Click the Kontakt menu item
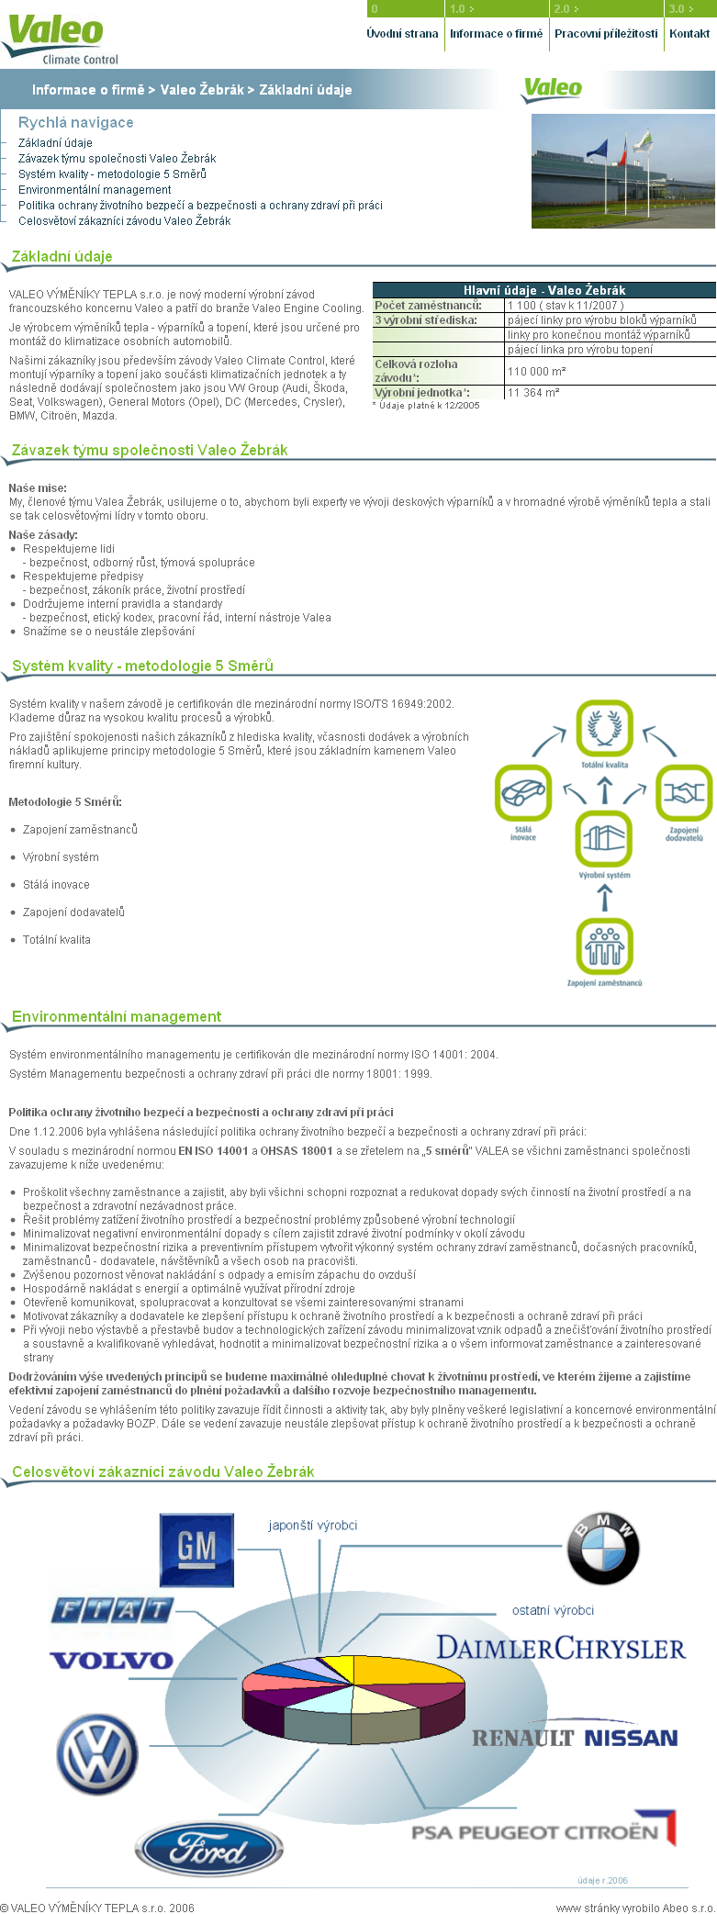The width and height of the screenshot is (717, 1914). [689, 34]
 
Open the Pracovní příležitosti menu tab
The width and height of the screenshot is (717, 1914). [606, 34]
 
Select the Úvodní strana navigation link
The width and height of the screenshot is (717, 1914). [402, 34]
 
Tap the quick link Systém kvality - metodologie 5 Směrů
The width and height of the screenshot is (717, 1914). [112, 174]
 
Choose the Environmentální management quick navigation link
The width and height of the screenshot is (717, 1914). [95, 190]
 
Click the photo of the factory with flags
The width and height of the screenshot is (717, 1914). [623, 172]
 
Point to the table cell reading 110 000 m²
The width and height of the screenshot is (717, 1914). [537, 372]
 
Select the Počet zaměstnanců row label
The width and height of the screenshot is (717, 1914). [428, 306]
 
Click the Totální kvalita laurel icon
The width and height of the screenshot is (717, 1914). [604, 728]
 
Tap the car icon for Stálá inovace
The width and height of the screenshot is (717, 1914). [523, 793]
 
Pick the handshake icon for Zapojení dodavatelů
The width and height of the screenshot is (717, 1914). [684, 793]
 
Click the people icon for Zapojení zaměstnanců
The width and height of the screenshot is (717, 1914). [604, 946]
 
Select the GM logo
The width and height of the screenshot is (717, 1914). [196, 1550]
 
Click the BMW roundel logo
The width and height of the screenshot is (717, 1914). [603, 1549]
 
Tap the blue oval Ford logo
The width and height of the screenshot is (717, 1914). [208, 1851]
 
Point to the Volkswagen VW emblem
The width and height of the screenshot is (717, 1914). [97, 1756]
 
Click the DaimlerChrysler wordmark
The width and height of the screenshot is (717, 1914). [561, 1649]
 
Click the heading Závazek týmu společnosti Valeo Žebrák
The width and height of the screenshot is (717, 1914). [150, 451]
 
